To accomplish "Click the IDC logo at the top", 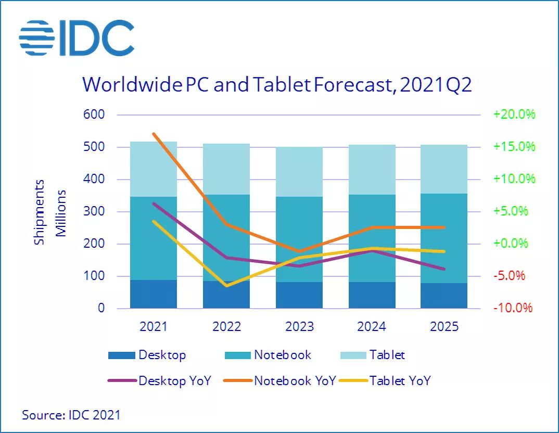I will [77, 37].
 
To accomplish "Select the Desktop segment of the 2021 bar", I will [154, 294].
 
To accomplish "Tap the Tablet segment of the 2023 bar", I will [299, 172].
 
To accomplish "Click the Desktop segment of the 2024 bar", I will [372, 295].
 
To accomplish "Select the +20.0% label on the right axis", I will [514, 114].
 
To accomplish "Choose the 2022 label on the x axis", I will [226, 327].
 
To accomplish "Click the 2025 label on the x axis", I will [444, 327].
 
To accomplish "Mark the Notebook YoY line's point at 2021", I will [154, 134].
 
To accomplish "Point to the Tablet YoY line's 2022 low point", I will [226, 286].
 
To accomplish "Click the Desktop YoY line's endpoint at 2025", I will [444, 269].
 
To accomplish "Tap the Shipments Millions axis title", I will [50, 212].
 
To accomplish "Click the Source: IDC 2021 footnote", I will [71, 415].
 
